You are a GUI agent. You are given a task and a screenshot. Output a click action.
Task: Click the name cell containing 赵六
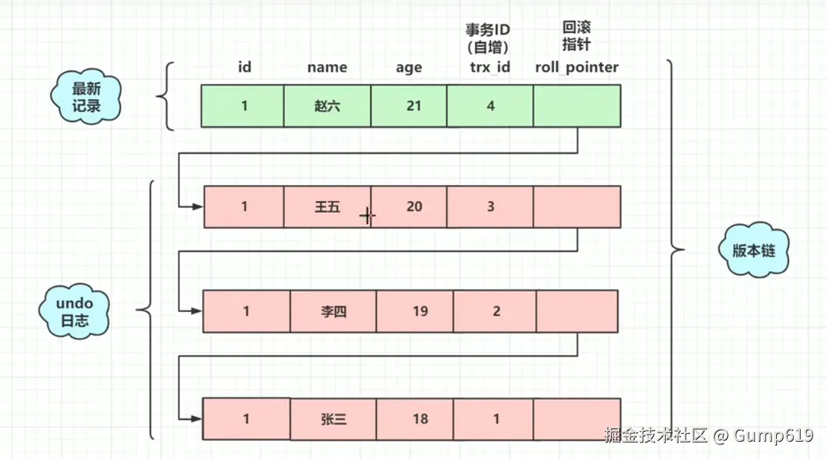click(327, 106)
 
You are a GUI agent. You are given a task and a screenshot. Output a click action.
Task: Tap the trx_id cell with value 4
click(490, 106)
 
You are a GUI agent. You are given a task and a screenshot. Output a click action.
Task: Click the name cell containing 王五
click(327, 207)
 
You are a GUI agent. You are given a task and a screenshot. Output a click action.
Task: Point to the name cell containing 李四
click(333, 311)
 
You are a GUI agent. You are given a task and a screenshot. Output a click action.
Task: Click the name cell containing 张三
click(333, 419)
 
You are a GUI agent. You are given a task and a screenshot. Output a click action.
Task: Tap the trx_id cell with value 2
click(495, 311)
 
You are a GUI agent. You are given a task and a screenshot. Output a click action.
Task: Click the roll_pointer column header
click(576, 67)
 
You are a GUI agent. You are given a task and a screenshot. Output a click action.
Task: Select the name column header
click(327, 67)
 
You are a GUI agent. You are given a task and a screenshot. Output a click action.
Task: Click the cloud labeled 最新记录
click(87, 98)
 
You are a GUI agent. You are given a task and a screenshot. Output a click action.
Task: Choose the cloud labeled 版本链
click(753, 251)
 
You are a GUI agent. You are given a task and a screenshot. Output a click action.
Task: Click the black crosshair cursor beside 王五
click(367, 216)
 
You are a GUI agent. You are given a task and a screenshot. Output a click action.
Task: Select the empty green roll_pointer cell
click(577, 106)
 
